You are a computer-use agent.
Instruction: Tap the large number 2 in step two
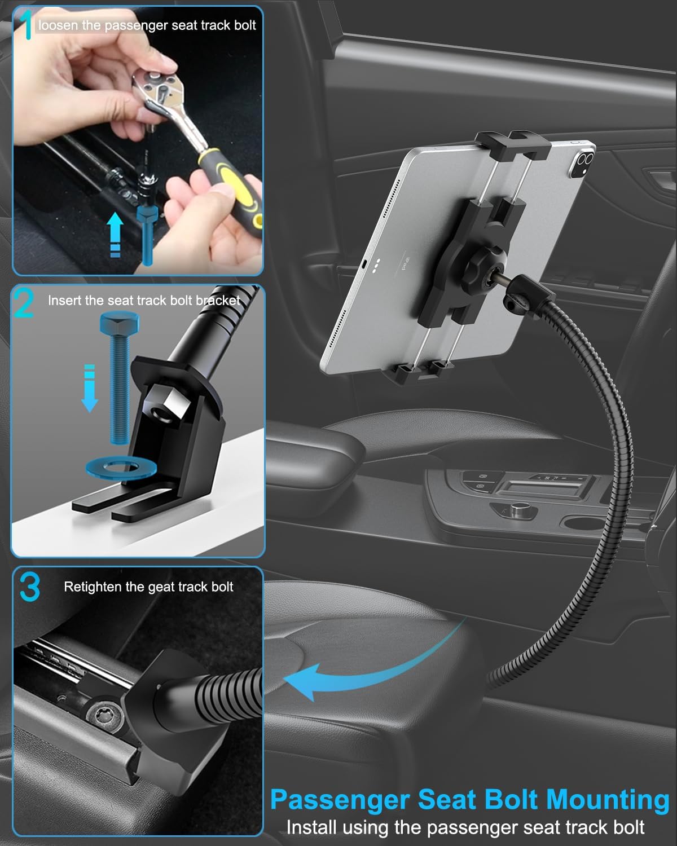(x=24, y=303)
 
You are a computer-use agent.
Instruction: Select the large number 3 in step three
(x=29, y=587)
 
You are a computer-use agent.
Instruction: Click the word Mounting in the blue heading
(x=608, y=800)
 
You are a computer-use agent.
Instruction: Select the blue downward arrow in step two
(x=90, y=389)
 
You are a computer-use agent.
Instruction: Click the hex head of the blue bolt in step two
(x=116, y=324)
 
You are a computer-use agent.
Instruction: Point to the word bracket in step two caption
(x=218, y=301)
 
